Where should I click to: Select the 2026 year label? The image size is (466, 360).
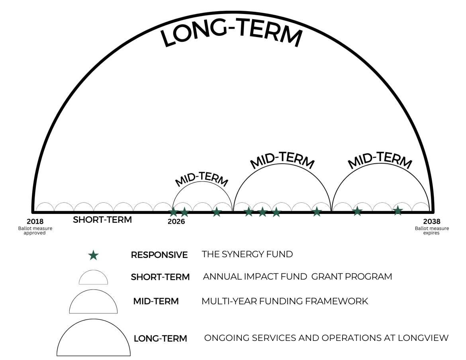coord(176,222)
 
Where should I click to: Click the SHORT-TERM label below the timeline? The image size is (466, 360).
coord(102,219)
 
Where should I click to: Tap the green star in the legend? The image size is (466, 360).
coord(93,255)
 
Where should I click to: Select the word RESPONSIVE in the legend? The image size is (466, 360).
coord(159,255)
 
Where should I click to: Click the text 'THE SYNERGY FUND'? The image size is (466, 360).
coord(247,254)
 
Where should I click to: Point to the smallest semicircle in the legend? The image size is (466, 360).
coord(93,278)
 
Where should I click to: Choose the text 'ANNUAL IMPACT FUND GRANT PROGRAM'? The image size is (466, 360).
coord(297,276)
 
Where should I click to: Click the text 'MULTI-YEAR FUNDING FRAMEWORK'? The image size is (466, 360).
coord(285,301)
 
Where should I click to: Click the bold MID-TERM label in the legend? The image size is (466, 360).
coord(156,301)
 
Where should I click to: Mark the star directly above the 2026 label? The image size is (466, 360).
coord(173,212)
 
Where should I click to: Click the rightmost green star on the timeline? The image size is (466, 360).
coord(397,210)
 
